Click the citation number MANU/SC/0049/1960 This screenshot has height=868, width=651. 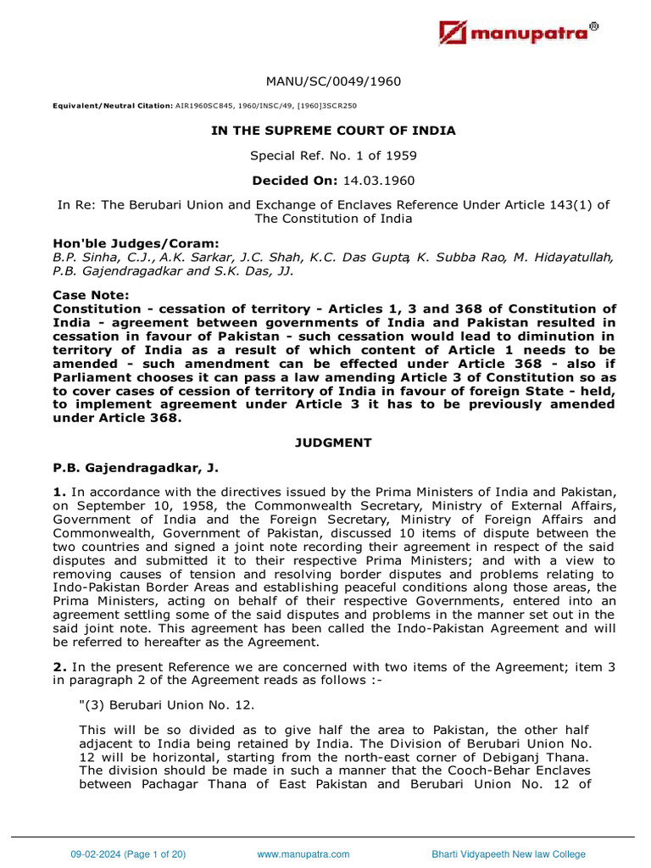pyautogui.click(x=333, y=81)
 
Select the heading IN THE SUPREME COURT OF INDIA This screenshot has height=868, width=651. pyautogui.click(x=333, y=131)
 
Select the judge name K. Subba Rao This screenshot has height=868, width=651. pyautogui.click(x=458, y=257)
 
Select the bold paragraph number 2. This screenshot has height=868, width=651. pyautogui.click(x=58, y=667)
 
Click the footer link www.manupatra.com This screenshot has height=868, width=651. pyautogui.click(x=303, y=854)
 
